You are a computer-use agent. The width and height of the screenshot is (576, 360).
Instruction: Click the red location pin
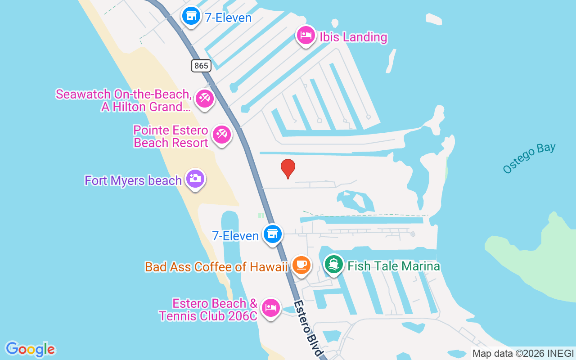pyautogui.click(x=288, y=168)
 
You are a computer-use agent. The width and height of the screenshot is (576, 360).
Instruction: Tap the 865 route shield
pyautogui.click(x=201, y=66)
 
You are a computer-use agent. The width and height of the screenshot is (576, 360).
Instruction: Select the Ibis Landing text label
pyautogui.click(x=353, y=37)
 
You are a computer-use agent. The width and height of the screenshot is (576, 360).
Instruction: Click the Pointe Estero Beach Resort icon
pyautogui.click(x=222, y=135)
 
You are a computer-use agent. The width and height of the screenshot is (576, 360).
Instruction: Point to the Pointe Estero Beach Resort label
pyautogui.click(x=171, y=137)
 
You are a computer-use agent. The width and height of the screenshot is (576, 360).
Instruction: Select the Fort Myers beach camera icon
pyautogui.click(x=195, y=179)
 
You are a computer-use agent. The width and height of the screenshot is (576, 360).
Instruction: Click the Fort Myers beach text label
pyautogui.click(x=133, y=181)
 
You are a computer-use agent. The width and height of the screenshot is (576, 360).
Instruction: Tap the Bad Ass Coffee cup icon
pyautogui.click(x=301, y=264)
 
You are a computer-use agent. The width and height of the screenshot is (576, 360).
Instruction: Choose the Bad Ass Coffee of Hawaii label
pyautogui.click(x=216, y=267)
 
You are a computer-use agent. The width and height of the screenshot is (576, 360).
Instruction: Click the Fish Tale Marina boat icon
pyautogui.click(x=333, y=264)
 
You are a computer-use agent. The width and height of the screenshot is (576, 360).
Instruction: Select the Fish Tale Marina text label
pyautogui.click(x=393, y=266)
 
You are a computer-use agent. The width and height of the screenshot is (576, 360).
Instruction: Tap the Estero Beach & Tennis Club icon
pyautogui.click(x=270, y=308)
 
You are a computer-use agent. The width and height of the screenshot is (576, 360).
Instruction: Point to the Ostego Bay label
pyautogui.click(x=529, y=158)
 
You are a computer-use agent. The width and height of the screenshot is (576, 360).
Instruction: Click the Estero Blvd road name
pyautogui.click(x=309, y=328)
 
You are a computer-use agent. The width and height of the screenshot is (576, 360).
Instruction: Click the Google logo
pyautogui.click(x=30, y=349)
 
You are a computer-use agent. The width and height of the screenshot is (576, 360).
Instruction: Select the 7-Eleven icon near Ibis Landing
pyautogui.click(x=191, y=16)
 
